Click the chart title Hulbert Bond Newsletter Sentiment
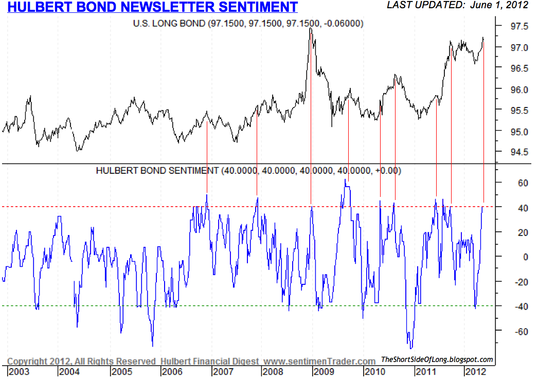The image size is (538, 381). pos(152,7)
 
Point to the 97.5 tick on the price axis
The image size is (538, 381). pos(515,26)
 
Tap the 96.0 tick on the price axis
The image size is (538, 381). pos(515,89)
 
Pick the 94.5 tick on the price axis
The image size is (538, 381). pos(515,152)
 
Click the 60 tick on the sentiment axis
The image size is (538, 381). pos(510,183)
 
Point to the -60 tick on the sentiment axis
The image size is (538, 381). pos(508,332)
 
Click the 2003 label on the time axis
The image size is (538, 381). pos(19,371)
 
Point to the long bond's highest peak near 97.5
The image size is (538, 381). pos(310,28)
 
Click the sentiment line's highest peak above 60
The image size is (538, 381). pos(345,179)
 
